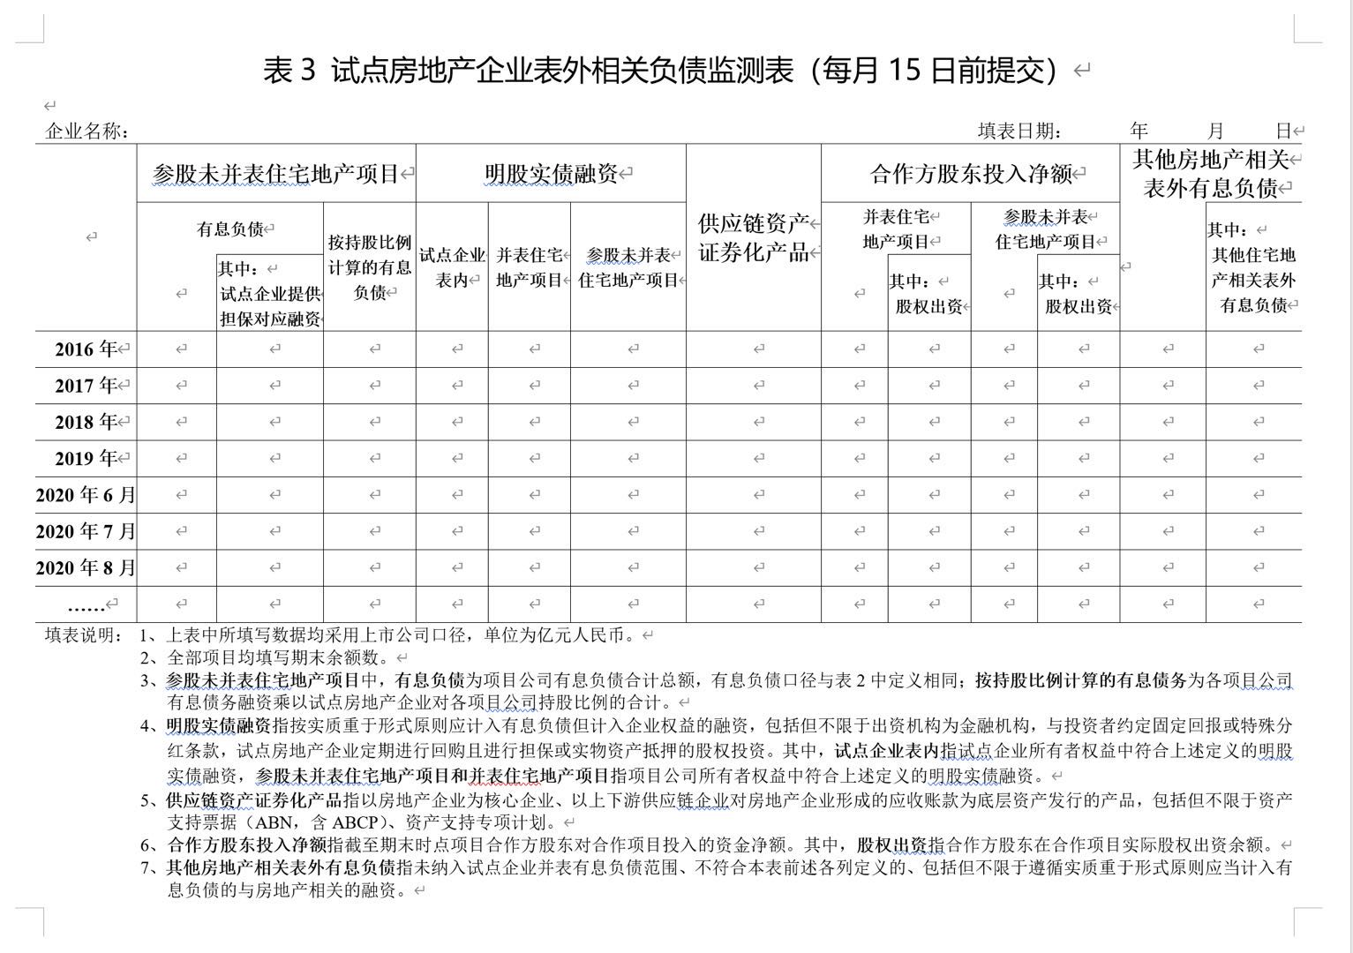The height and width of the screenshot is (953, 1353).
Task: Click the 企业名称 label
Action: click(86, 131)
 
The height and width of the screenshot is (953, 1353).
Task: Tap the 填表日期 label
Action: click(1019, 131)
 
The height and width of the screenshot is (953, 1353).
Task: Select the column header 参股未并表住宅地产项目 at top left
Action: click(275, 174)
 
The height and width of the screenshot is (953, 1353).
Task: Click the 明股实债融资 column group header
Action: click(551, 174)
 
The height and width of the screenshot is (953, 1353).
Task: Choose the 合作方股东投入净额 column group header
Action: click(970, 174)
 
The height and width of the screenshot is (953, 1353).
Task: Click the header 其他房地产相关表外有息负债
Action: click(1210, 174)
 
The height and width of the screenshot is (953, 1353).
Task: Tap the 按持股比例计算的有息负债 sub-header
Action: click(370, 267)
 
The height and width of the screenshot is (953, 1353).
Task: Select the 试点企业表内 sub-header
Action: click(452, 267)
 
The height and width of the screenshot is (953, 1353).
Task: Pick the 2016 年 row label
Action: click(86, 349)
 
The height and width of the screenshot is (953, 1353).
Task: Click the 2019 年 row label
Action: click(86, 459)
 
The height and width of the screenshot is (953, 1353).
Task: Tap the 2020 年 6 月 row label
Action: click(86, 495)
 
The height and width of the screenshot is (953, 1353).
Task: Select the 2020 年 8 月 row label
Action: click(86, 567)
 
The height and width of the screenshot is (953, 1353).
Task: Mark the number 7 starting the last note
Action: click(146, 868)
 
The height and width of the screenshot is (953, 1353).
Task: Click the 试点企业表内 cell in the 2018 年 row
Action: click(452, 422)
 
